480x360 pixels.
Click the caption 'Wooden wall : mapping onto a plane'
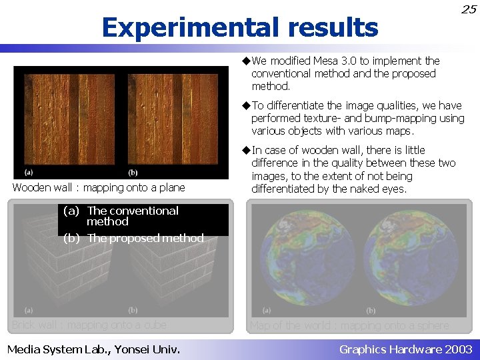coord(99,188)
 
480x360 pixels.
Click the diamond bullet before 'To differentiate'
coord(246,105)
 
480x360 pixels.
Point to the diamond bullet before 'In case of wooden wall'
coord(246,150)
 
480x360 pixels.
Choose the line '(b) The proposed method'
coord(133,238)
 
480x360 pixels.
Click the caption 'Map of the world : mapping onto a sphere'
coord(349,325)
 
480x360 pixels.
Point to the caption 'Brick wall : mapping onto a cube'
coord(89,325)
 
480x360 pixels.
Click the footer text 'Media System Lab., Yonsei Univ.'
coord(93,349)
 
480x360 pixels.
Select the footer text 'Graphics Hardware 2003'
coord(405,349)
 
